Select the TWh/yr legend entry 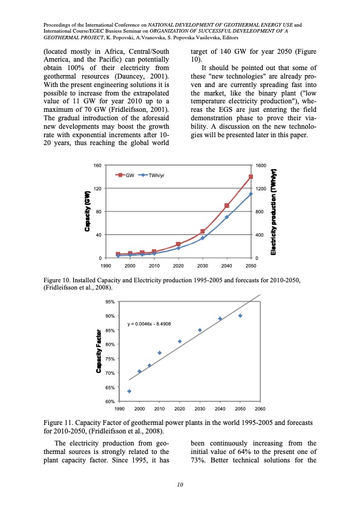click(x=157, y=175)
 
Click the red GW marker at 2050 click(x=250, y=177)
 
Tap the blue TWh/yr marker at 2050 click(x=250, y=194)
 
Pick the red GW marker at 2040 click(x=227, y=206)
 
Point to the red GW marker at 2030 click(x=203, y=232)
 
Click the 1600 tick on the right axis click(x=261, y=165)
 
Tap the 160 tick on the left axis click(x=97, y=165)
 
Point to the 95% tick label click(x=110, y=302)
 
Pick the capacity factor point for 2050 click(x=240, y=316)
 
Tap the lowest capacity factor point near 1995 click(x=129, y=391)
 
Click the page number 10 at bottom click(x=180, y=484)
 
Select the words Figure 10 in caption click(x=59, y=281)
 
